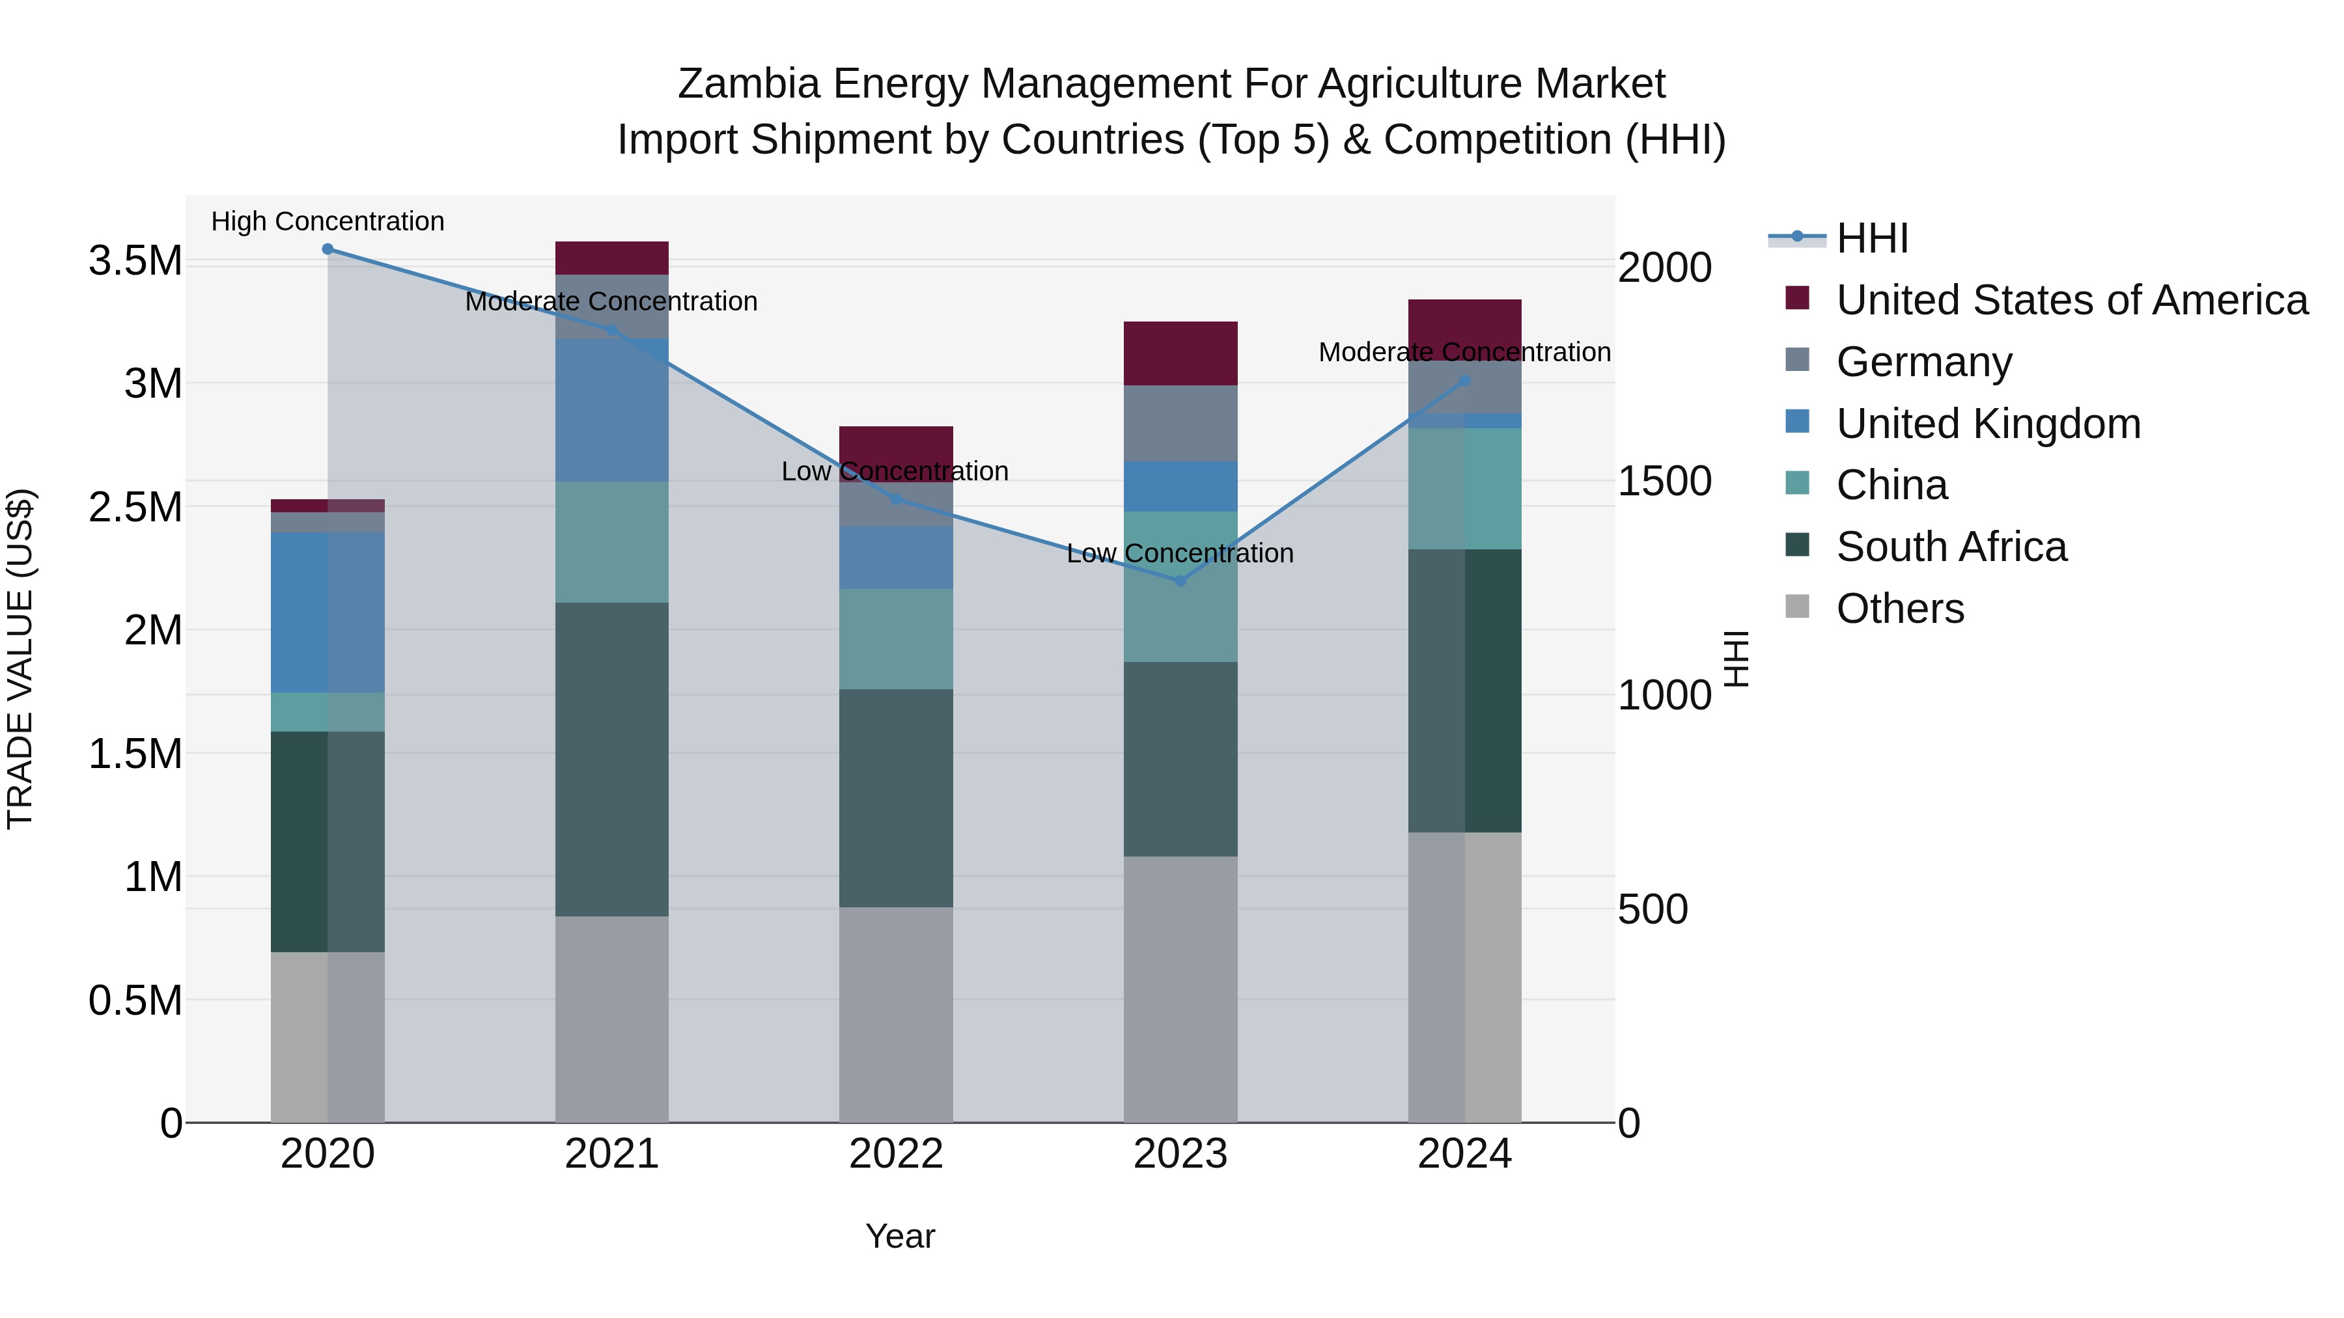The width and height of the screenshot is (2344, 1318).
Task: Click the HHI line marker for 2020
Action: point(328,249)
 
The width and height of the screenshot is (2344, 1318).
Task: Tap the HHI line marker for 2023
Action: point(1180,581)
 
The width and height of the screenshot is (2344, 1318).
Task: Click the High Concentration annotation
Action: point(328,222)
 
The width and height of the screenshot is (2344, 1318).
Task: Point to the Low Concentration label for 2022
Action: point(895,471)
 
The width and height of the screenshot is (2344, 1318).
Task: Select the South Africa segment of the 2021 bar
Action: point(611,760)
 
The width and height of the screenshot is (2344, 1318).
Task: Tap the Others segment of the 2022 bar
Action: point(895,1014)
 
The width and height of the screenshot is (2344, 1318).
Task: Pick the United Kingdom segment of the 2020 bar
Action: point(328,612)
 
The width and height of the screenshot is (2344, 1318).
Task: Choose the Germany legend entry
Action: point(1923,362)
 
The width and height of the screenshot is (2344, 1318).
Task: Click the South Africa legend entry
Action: point(1951,547)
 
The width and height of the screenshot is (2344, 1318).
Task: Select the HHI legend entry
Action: point(1872,238)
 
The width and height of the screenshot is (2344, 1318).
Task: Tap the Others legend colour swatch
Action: point(1797,607)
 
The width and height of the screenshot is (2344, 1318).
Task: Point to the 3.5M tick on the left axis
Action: point(135,261)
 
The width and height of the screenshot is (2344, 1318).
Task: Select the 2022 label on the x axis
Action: point(895,1154)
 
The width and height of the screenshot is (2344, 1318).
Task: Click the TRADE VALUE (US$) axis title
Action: point(20,659)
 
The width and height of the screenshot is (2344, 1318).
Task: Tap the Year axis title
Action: point(900,1236)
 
